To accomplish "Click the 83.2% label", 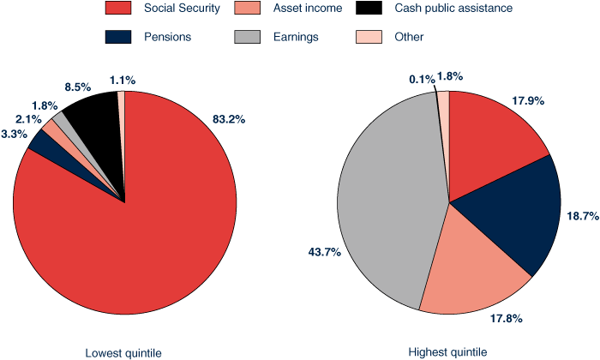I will coord(229,119).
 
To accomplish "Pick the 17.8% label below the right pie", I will coord(504,319).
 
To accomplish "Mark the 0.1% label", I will coord(421,79).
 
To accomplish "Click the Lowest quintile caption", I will coord(123,352).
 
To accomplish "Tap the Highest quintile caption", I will coord(447,352).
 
